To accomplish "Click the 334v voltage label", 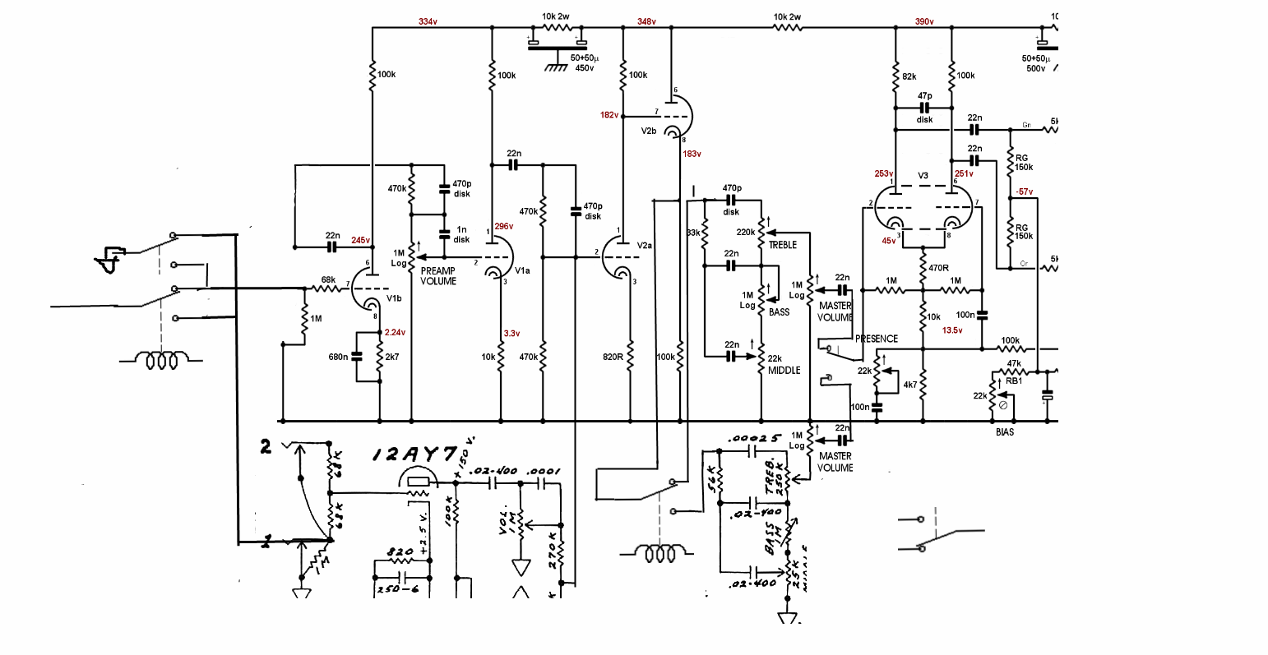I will (x=428, y=21).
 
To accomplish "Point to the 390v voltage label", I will (x=924, y=21).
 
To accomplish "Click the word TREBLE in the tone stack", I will (x=784, y=245).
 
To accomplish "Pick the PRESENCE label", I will (x=877, y=339).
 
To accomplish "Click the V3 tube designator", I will (x=923, y=176).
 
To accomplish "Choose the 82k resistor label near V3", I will (x=909, y=76).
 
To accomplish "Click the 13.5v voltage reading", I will (x=952, y=330).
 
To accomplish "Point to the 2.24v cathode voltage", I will (x=396, y=333).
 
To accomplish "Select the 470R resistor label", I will (x=939, y=268).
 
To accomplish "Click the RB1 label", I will (x=1014, y=381).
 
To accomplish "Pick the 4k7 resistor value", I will (x=910, y=385).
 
